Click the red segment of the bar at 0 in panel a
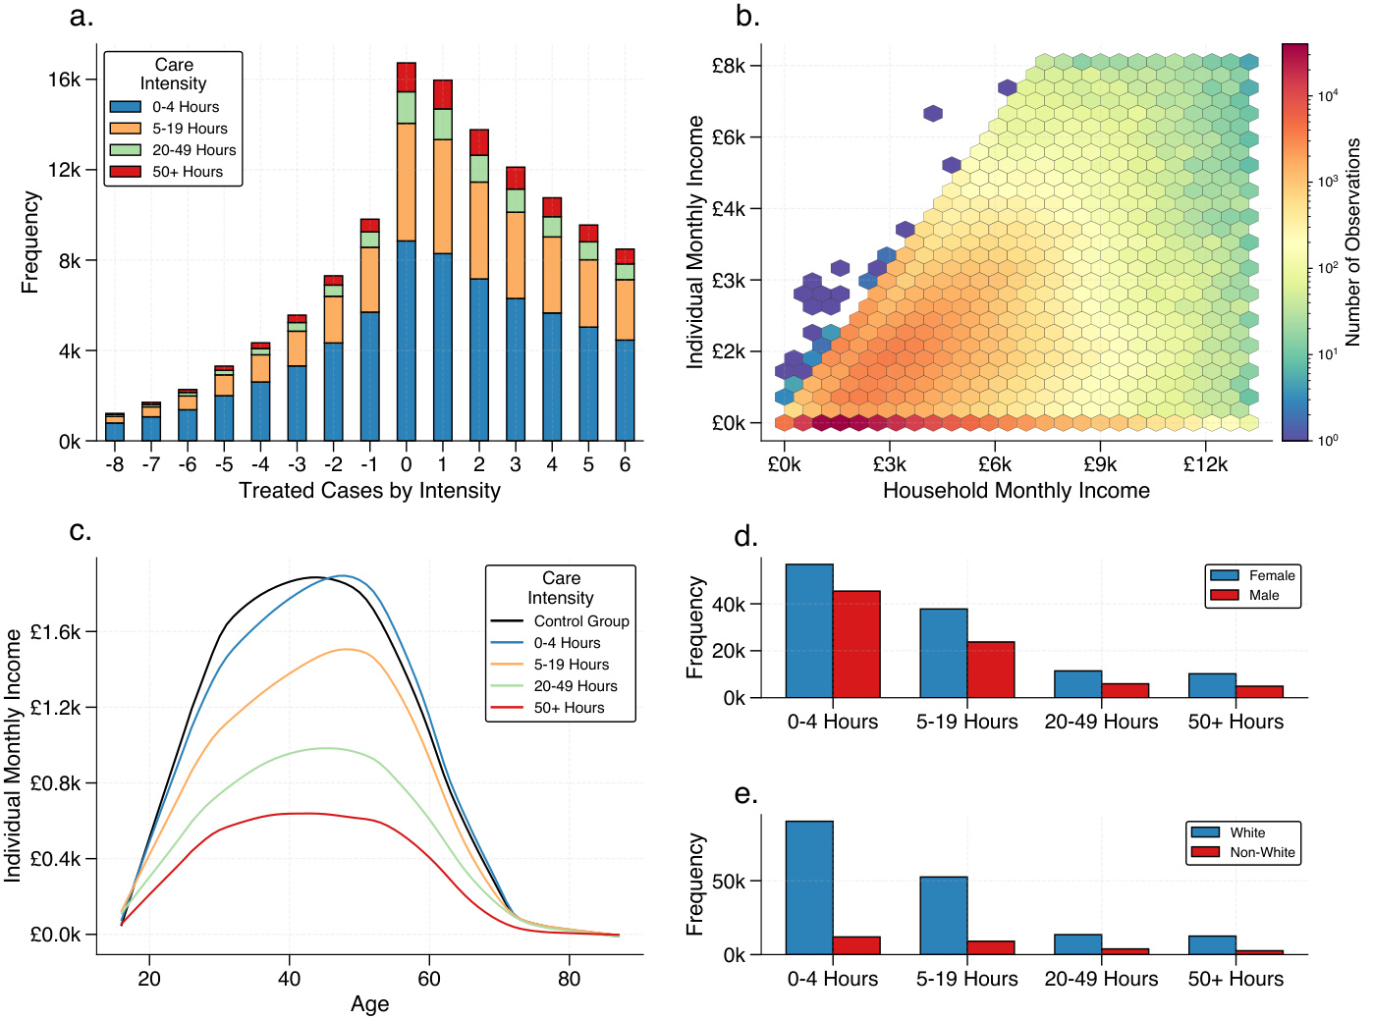(x=407, y=78)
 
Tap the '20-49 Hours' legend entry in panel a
(x=193, y=150)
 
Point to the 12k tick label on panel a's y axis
(x=64, y=170)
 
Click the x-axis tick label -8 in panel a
(x=115, y=464)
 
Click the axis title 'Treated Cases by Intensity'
(x=369, y=491)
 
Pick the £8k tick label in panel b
(x=729, y=66)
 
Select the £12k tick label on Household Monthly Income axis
(x=1205, y=464)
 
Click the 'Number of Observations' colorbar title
(x=1353, y=241)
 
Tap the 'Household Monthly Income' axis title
(x=1016, y=491)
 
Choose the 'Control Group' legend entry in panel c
(x=580, y=621)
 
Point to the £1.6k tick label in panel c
(x=56, y=632)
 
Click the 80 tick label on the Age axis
(x=569, y=979)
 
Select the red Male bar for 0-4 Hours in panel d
(x=856, y=644)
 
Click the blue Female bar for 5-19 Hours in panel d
(x=944, y=653)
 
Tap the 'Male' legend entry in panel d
(x=1263, y=595)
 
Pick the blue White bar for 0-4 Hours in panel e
(x=809, y=887)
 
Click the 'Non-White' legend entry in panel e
(x=1261, y=852)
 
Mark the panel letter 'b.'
(x=747, y=17)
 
